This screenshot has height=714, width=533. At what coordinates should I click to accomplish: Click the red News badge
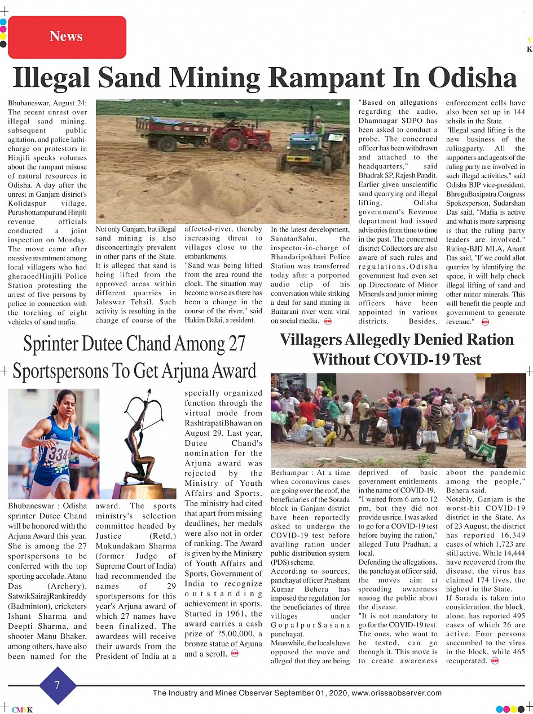pos(67,37)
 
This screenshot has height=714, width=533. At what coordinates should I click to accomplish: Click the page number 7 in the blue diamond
pos(57,685)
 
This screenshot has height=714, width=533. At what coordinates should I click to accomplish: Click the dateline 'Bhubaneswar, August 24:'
pos(47,103)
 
